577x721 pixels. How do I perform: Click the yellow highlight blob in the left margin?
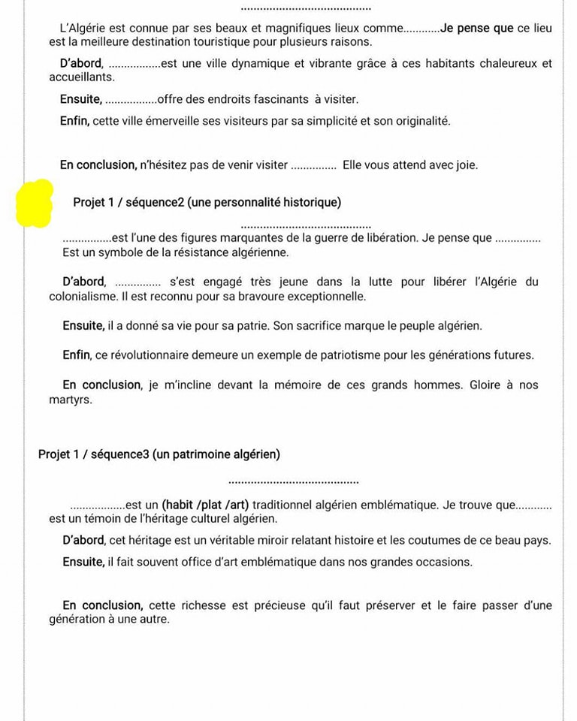click(34, 204)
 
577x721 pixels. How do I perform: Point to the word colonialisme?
click(83, 297)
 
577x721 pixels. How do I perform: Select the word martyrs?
click(71, 400)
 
